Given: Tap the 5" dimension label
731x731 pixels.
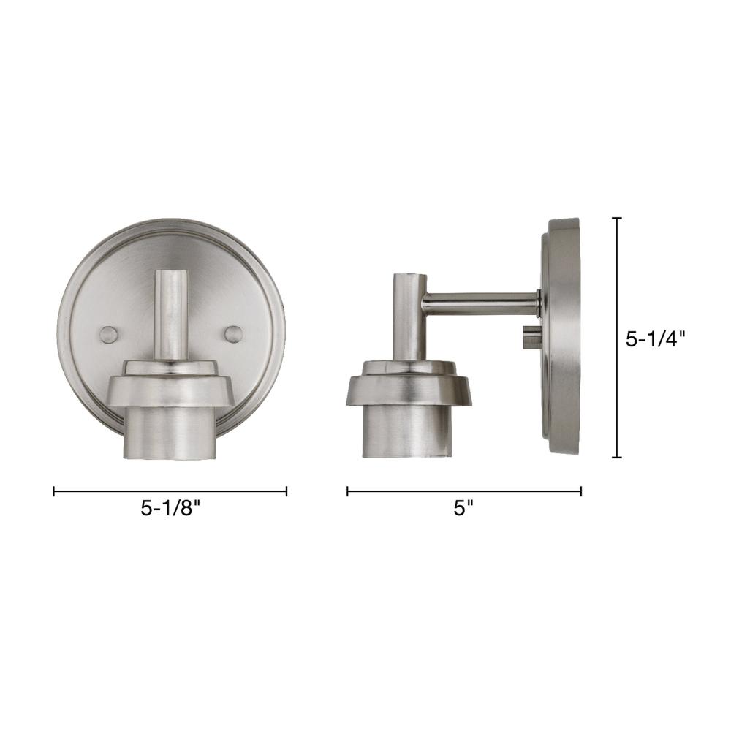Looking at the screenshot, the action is pyautogui.click(x=463, y=508).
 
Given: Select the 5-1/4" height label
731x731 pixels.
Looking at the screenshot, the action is pyautogui.click(x=656, y=339).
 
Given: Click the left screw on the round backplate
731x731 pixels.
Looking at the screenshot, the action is pyautogui.click(x=109, y=335).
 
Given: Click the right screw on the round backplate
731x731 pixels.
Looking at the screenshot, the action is pyautogui.click(x=234, y=335).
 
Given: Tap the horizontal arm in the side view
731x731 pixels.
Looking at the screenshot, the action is pyautogui.click(x=481, y=302).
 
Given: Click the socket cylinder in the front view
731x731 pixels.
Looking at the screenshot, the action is pyautogui.click(x=171, y=434).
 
